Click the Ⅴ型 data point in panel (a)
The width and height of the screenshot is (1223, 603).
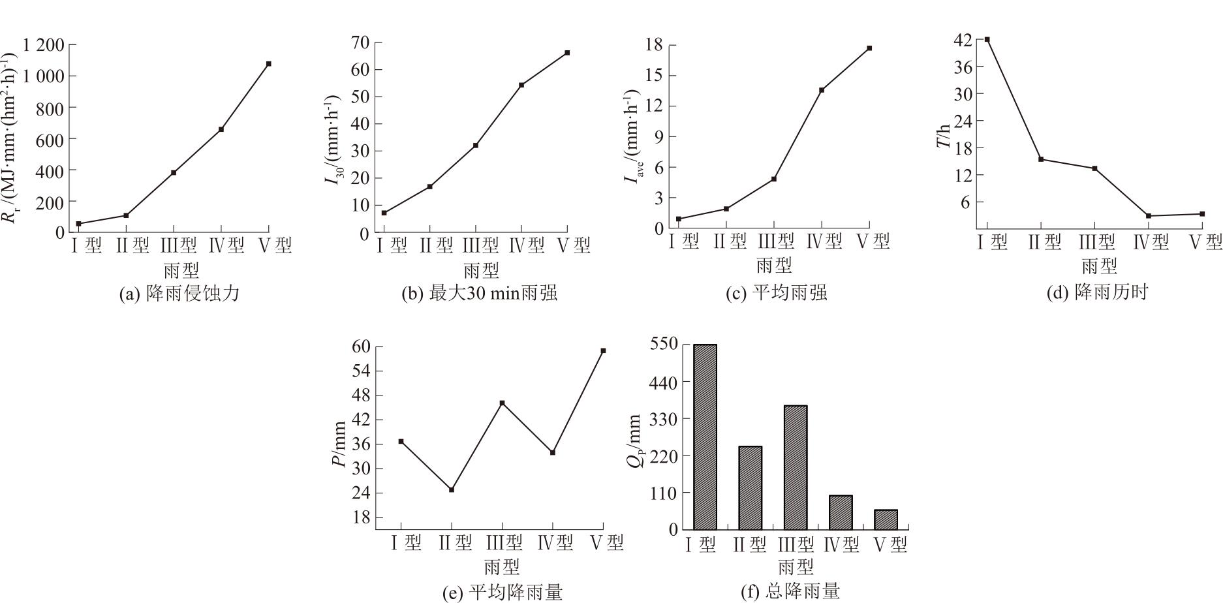pyautogui.click(x=269, y=64)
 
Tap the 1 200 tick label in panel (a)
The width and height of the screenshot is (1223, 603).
pyautogui.click(x=44, y=45)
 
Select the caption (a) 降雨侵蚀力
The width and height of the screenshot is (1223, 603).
pyautogui.click(x=179, y=294)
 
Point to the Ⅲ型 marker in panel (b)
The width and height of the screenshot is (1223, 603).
pyautogui.click(x=476, y=146)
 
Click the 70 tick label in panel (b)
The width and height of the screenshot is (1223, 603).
pyautogui.click(x=361, y=42)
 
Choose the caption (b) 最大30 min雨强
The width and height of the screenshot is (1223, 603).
pyautogui.click(x=480, y=294)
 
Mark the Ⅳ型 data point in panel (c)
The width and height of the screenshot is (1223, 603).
pyautogui.click(x=822, y=90)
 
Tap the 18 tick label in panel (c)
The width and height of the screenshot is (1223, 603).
pyautogui.click(x=653, y=45)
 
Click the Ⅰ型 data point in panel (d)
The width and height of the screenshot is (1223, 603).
pyautogui.click(x=987, y=40)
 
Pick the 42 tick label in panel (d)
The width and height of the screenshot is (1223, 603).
pyautogui.click(x=963, y=40)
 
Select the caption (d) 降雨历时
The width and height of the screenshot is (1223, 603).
pyautogui.click(x=1097, y=292)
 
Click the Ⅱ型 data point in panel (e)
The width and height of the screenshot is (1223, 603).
pyautogui.click(x=452, y=489)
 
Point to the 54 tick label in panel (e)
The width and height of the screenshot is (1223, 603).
pyautogui.click(x=361, y=371)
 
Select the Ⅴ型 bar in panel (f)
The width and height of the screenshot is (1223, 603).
pyautogui.click(x=886, y=519)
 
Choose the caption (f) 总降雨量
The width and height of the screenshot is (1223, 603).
pyautogui.click(x=790, y=592)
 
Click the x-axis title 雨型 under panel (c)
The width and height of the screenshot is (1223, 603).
pyautogui.click(x=774, y=266)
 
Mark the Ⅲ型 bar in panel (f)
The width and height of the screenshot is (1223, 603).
pyautogui.click(x=796, y=467)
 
